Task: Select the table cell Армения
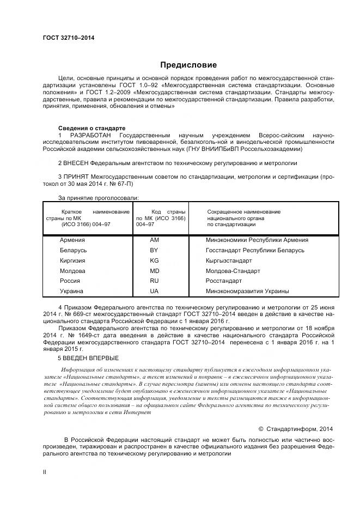72,240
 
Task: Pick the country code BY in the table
154,250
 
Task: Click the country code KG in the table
154,260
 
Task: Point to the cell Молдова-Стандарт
233,271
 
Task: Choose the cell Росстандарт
223,281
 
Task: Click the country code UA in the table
154,292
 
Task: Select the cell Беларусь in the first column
74,250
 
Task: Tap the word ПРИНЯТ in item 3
76,177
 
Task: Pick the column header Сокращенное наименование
244,211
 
